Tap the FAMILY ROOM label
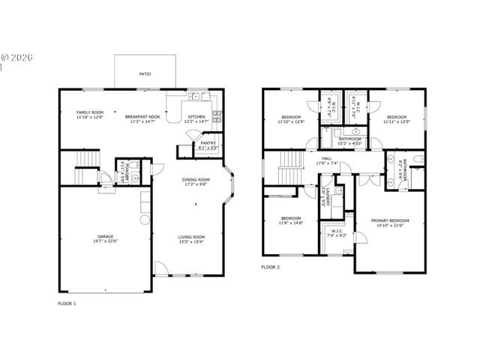tap(88, 112)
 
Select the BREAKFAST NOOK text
tap(142, 117)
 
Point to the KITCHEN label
tap(196, 117)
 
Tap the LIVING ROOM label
tap(192, 237)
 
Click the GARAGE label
tap(105, 236)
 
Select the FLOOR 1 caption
tap(67, 303)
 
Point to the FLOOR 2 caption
tap(270, 267)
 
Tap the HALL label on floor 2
tap(327, 158)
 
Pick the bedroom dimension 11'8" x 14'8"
tap(291, 223)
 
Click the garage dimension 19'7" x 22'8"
tap(105, 241)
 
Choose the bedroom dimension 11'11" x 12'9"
tap(397, 121)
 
